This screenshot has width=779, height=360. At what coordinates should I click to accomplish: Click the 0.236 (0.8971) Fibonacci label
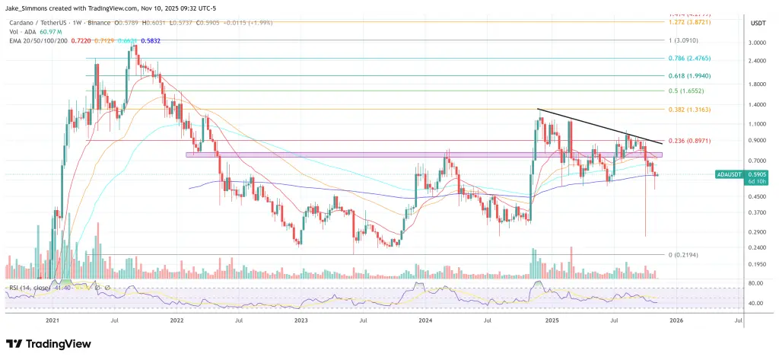[x=690, y=141]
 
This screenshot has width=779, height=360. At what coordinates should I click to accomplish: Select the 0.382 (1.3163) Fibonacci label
[x=690, y=109]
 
